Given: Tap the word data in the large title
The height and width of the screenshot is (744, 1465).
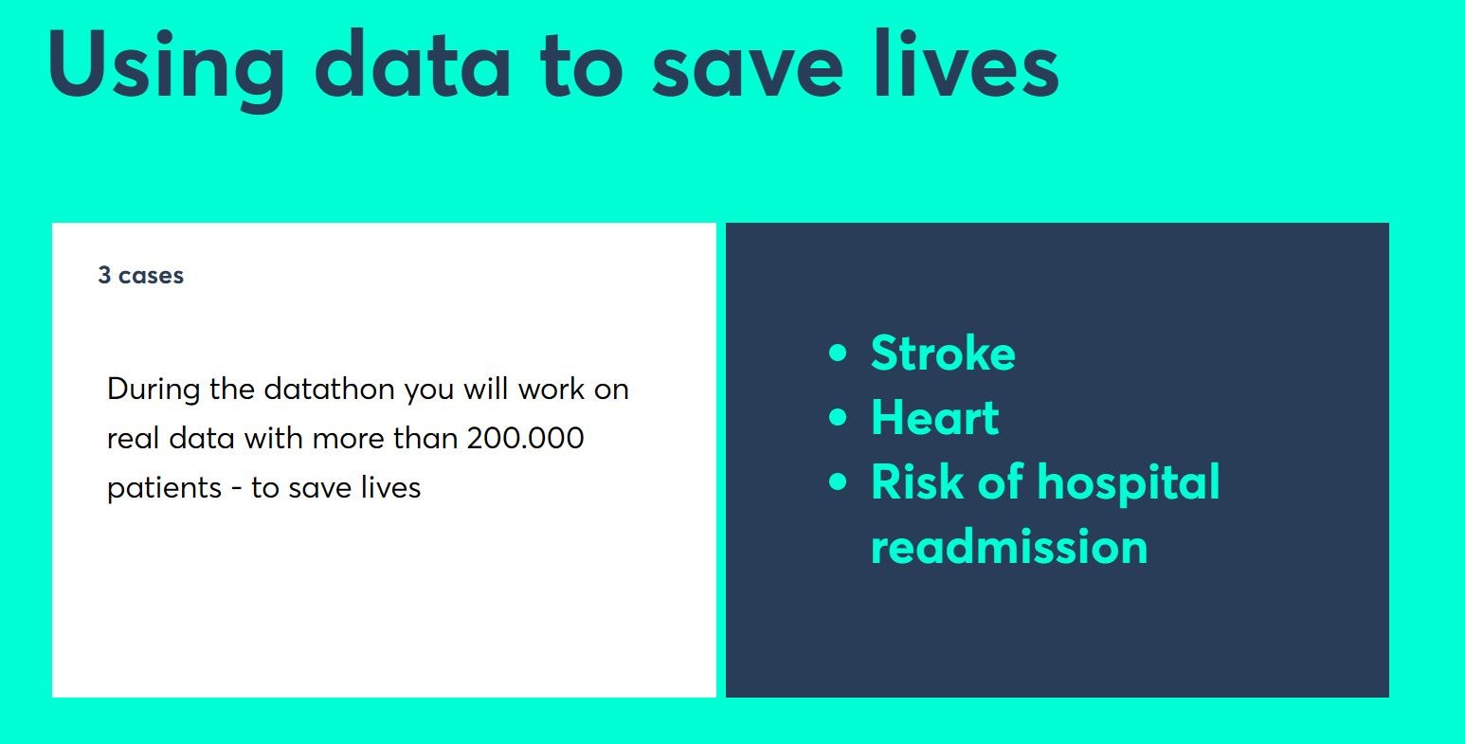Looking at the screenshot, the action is [412, 64].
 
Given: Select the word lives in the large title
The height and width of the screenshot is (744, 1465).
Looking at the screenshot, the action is [967, 64].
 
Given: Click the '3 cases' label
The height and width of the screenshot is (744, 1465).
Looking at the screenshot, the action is [140, 275].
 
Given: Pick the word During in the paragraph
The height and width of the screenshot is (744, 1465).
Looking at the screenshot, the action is [154, 389].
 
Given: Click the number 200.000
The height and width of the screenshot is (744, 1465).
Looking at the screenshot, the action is [525, 438].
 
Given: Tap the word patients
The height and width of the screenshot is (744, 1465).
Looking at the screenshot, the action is [164, 488].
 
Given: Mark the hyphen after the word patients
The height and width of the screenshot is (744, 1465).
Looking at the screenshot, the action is [237, 489].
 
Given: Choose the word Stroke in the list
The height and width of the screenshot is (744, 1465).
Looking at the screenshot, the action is [943, 354].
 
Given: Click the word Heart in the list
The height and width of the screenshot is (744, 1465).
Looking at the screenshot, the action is [935, 417].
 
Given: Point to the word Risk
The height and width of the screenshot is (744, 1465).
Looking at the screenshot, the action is [917, 481].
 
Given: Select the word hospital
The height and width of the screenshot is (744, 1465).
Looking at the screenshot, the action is [1129, 483].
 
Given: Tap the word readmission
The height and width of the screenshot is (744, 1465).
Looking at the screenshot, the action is [1009, 546].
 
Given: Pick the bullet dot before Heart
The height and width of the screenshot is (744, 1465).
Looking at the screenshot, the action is [838, 417].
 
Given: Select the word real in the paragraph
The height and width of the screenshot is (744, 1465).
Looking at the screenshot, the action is [133, 438].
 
